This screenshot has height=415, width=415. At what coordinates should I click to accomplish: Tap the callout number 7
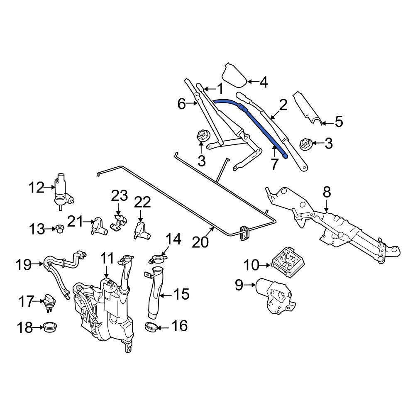click(274, 164)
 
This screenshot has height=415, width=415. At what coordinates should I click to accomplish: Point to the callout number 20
click(200, 242)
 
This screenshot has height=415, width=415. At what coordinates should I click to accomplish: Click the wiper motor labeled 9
click(275, 295)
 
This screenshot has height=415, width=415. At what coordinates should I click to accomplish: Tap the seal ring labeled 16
click(151, 327)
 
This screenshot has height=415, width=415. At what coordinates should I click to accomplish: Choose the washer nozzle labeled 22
click(142, 231)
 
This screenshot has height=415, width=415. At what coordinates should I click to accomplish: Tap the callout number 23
click(119, 196)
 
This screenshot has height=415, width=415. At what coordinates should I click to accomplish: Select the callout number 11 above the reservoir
click(107, 258)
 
